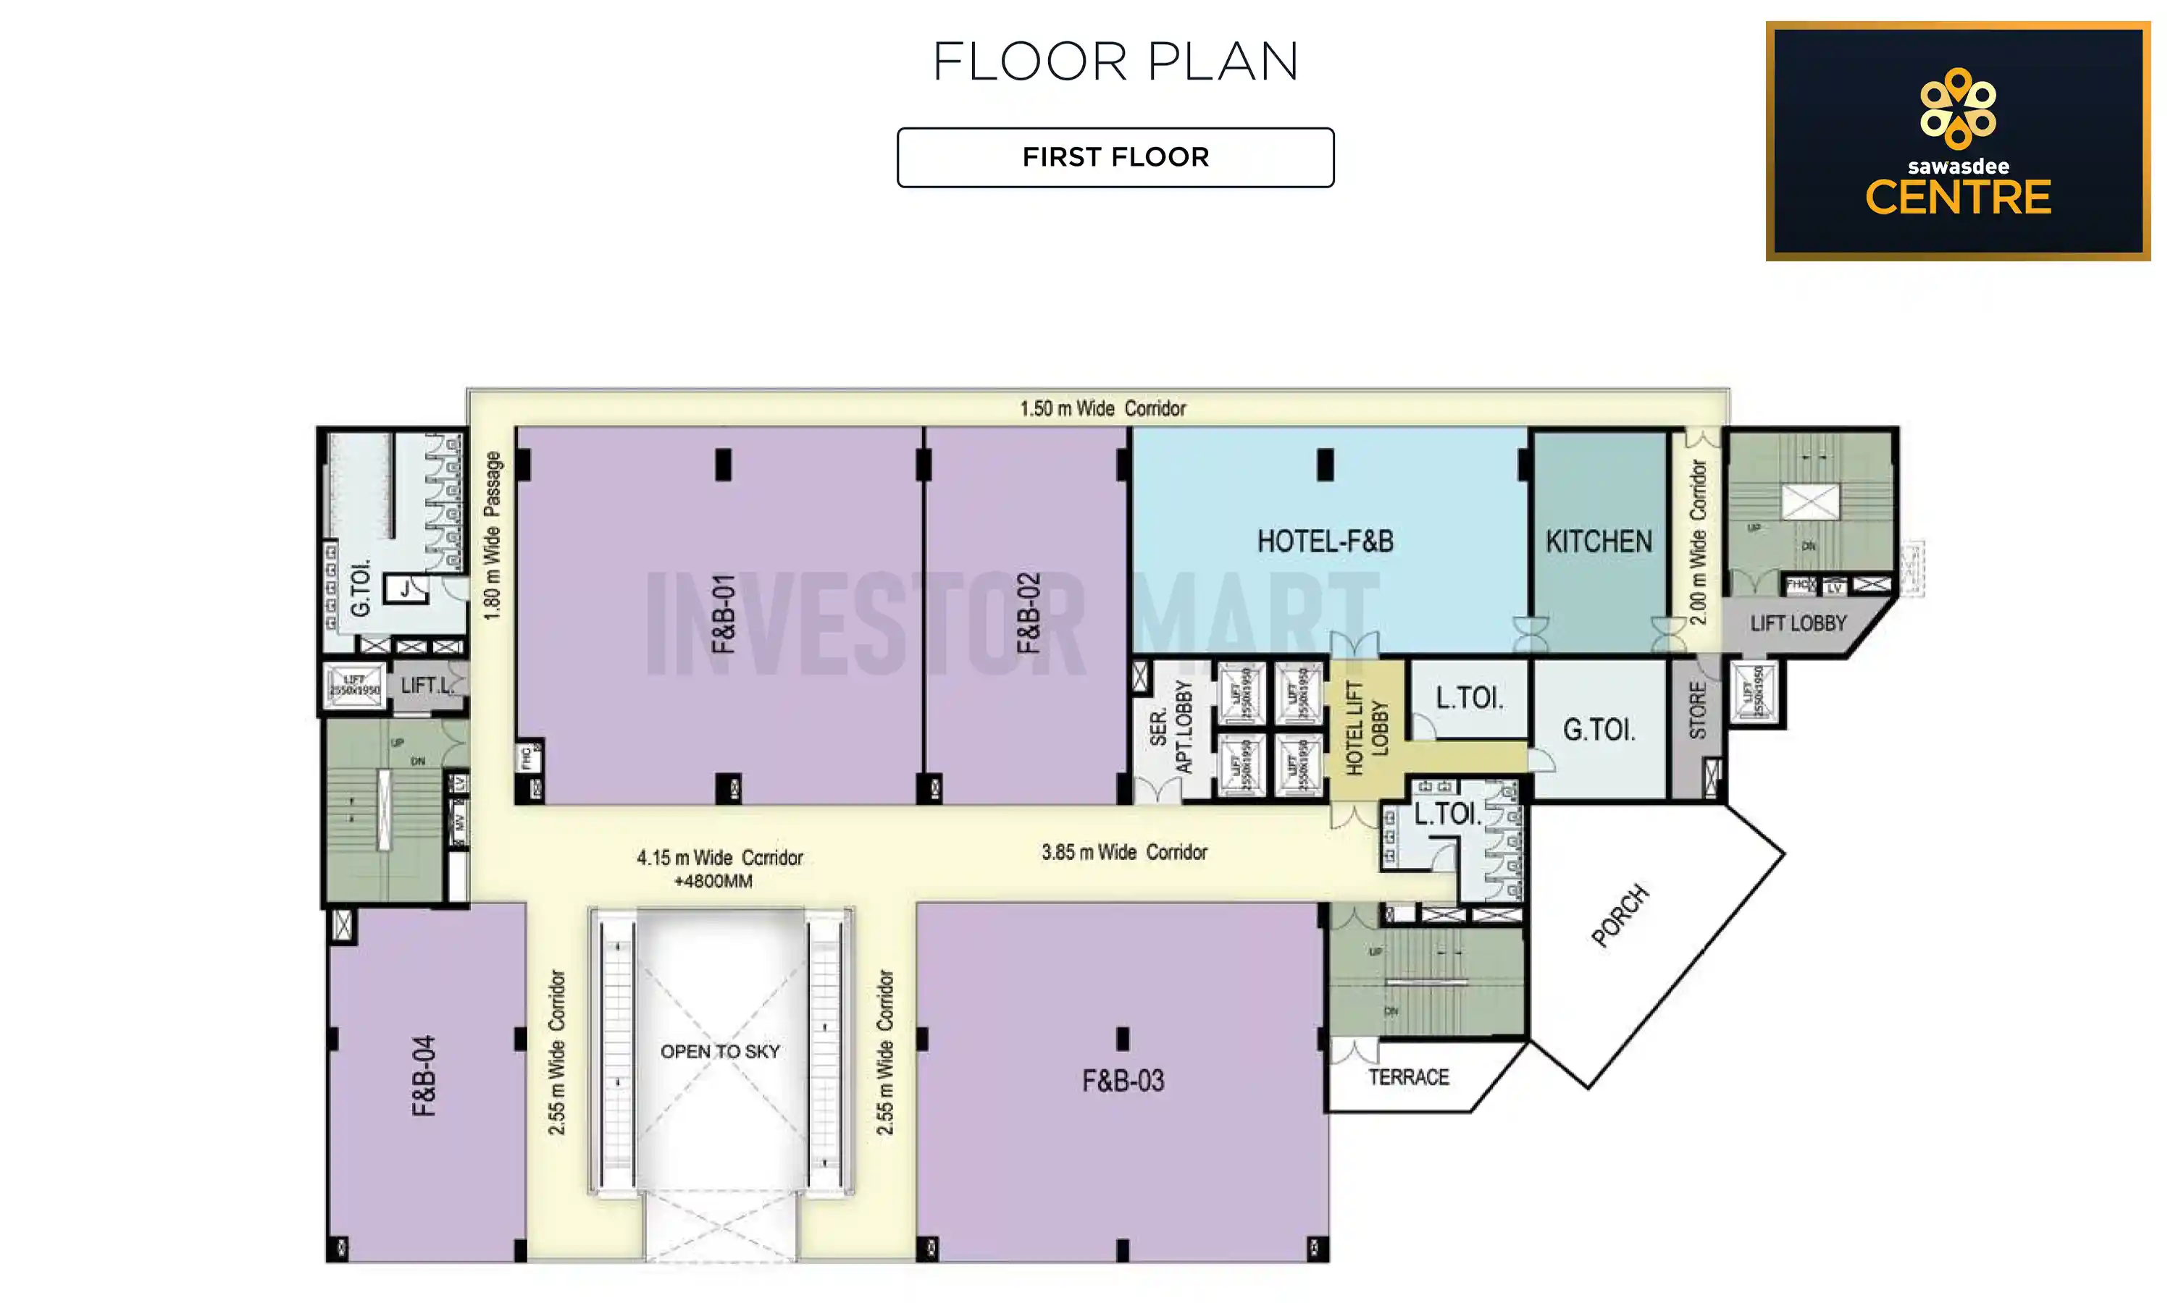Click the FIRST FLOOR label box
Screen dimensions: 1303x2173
pos(1115,157)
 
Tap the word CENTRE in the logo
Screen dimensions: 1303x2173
pos(1957,198)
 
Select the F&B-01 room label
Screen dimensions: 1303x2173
pos(723,614)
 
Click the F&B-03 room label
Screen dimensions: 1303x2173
pos(1123,1081)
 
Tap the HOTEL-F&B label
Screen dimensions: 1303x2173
pos(1325,541)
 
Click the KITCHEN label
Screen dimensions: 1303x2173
pos(1599,541)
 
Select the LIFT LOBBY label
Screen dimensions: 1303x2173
pos(1797,623)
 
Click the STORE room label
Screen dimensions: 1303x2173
pos(1697,710)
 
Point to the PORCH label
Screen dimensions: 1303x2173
pos(1620,916)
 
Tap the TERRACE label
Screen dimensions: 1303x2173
pos(1408,1077)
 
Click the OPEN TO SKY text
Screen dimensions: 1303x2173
pos(719,1051)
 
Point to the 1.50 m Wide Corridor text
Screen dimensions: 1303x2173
pos(1102,408)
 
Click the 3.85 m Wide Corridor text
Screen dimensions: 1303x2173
pos(1123,852)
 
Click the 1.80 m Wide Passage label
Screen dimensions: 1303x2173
pos(493,536)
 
